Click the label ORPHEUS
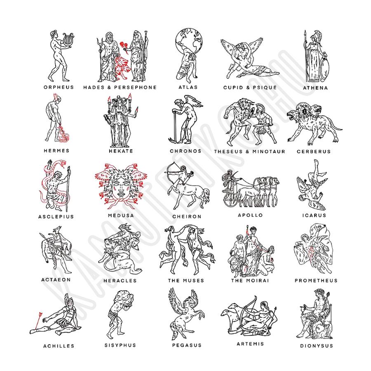[59, 87]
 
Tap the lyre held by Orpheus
[68, 40]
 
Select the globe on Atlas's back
[189, 41]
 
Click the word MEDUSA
[121, 216]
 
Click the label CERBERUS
[314, 151]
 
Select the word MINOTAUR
[269, 151]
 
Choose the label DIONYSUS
[317, 346]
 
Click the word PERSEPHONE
[135, 87]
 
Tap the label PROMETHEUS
[316, 280]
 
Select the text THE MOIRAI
[250, 280]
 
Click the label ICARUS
[314, 215]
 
